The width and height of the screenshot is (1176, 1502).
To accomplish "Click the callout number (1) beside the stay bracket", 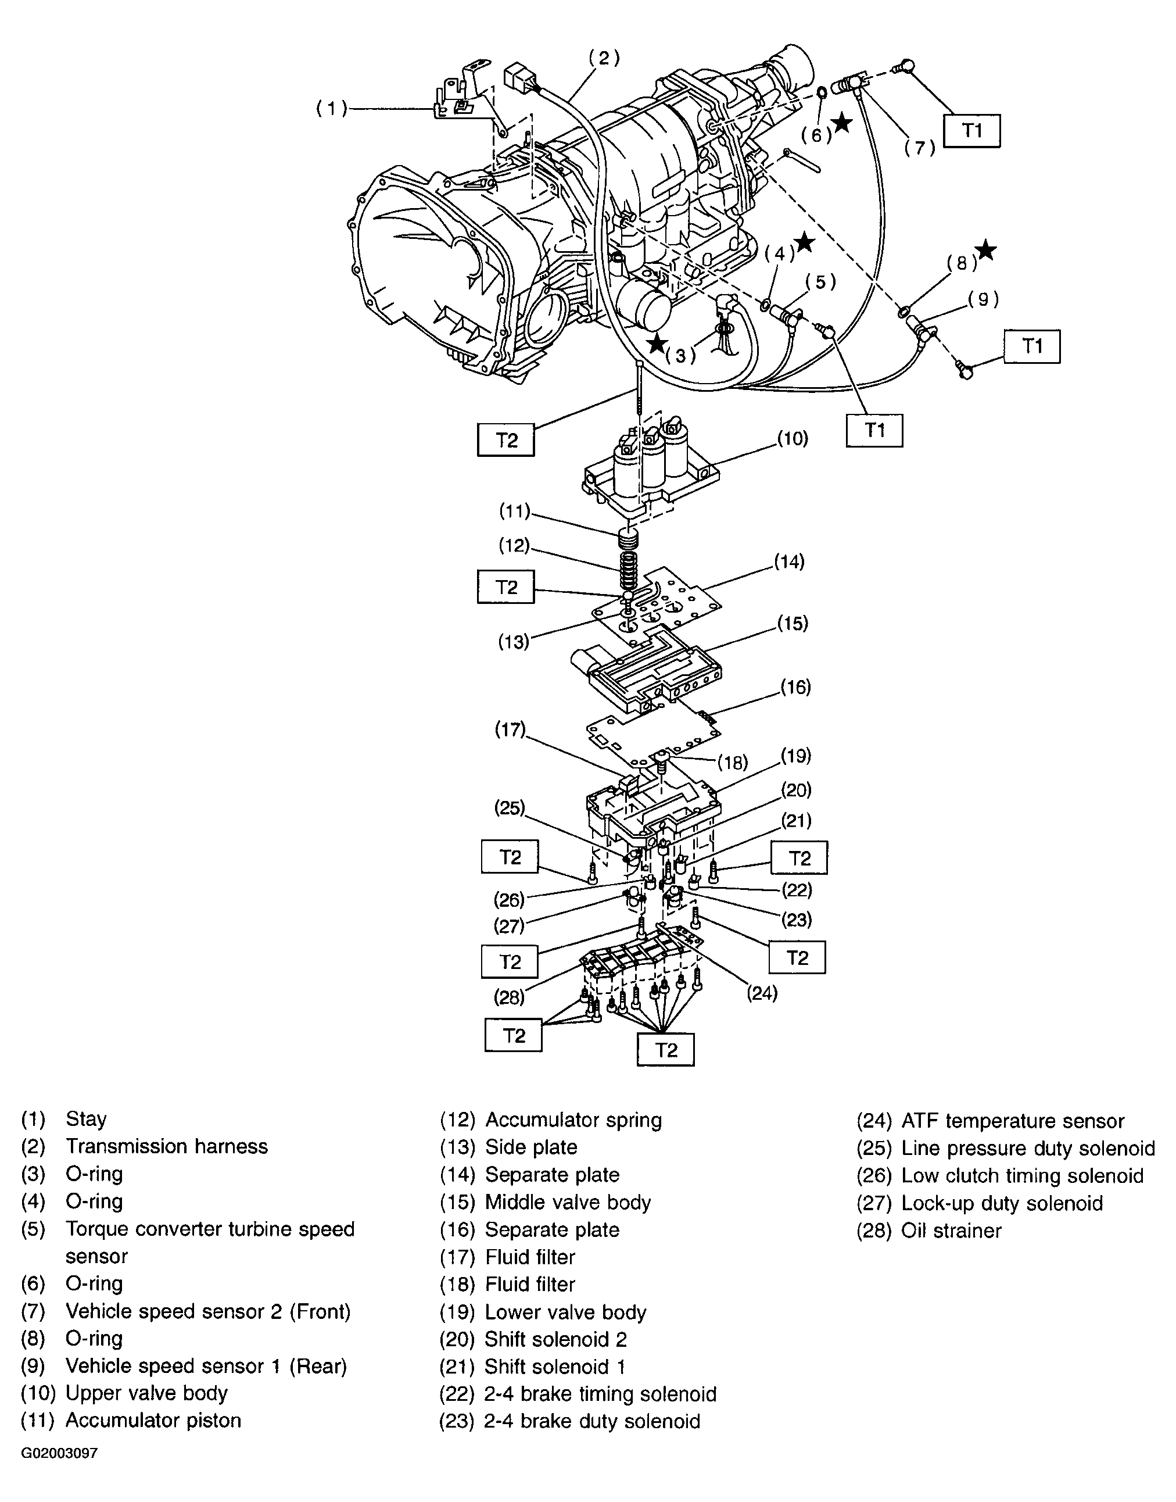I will click(331, 109).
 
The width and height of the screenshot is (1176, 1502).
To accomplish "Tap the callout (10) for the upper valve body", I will click(792, 439).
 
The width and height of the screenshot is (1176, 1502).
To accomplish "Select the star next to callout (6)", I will click(841, 123).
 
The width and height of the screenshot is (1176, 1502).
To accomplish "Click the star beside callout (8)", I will click(986, 251).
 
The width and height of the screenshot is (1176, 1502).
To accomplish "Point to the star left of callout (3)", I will click(657, 343).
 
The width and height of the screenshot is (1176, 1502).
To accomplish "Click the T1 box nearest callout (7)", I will click(971, 130).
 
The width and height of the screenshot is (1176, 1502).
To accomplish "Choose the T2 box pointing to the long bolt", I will click(506, 440).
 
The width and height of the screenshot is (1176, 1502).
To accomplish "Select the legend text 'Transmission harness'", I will click(167, 1146).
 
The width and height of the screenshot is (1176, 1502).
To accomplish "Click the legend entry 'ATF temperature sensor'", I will click(1012, 1121).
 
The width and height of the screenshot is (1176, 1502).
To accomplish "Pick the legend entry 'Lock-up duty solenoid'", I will click(1002, 1203).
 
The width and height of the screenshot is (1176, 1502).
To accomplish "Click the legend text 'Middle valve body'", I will click(568, 1203).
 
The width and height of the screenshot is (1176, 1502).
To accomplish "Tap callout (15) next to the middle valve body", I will click(793, 623).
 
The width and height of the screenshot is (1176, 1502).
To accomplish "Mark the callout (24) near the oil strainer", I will click(762, 993).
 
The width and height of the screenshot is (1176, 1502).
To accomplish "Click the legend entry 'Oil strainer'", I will click(951, 1231).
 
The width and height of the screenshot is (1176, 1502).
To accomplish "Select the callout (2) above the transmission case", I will click(604, 58).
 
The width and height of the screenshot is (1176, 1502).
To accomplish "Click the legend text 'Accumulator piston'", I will click(153, 1420).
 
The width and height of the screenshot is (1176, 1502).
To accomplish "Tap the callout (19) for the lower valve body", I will click(795, 756).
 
